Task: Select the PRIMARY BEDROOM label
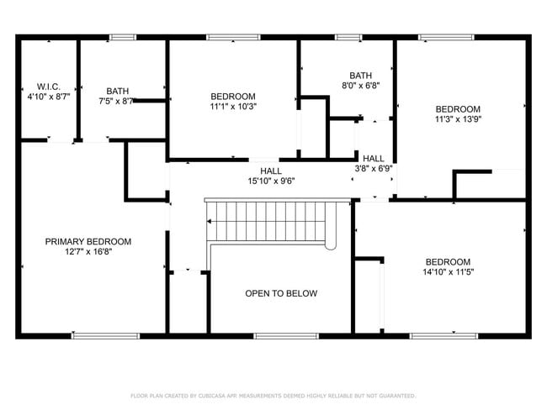pos(88,241)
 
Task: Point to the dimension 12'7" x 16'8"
pos(88,252)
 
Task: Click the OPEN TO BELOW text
pos(281,293)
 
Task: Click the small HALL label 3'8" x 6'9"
pos(374,158)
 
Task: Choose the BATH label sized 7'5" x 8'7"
pos(117,91)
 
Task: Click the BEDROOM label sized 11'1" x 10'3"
pos(233,96)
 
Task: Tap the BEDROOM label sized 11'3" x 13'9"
pos(458,108)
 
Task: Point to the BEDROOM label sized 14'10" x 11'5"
pos(448,261)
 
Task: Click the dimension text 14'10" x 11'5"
pos(448,272)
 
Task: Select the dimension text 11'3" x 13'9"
pos(458,119)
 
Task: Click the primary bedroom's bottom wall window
pos(93,336)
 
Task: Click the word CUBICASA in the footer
pos(214,395)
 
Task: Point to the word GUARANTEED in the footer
pos(396,395)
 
